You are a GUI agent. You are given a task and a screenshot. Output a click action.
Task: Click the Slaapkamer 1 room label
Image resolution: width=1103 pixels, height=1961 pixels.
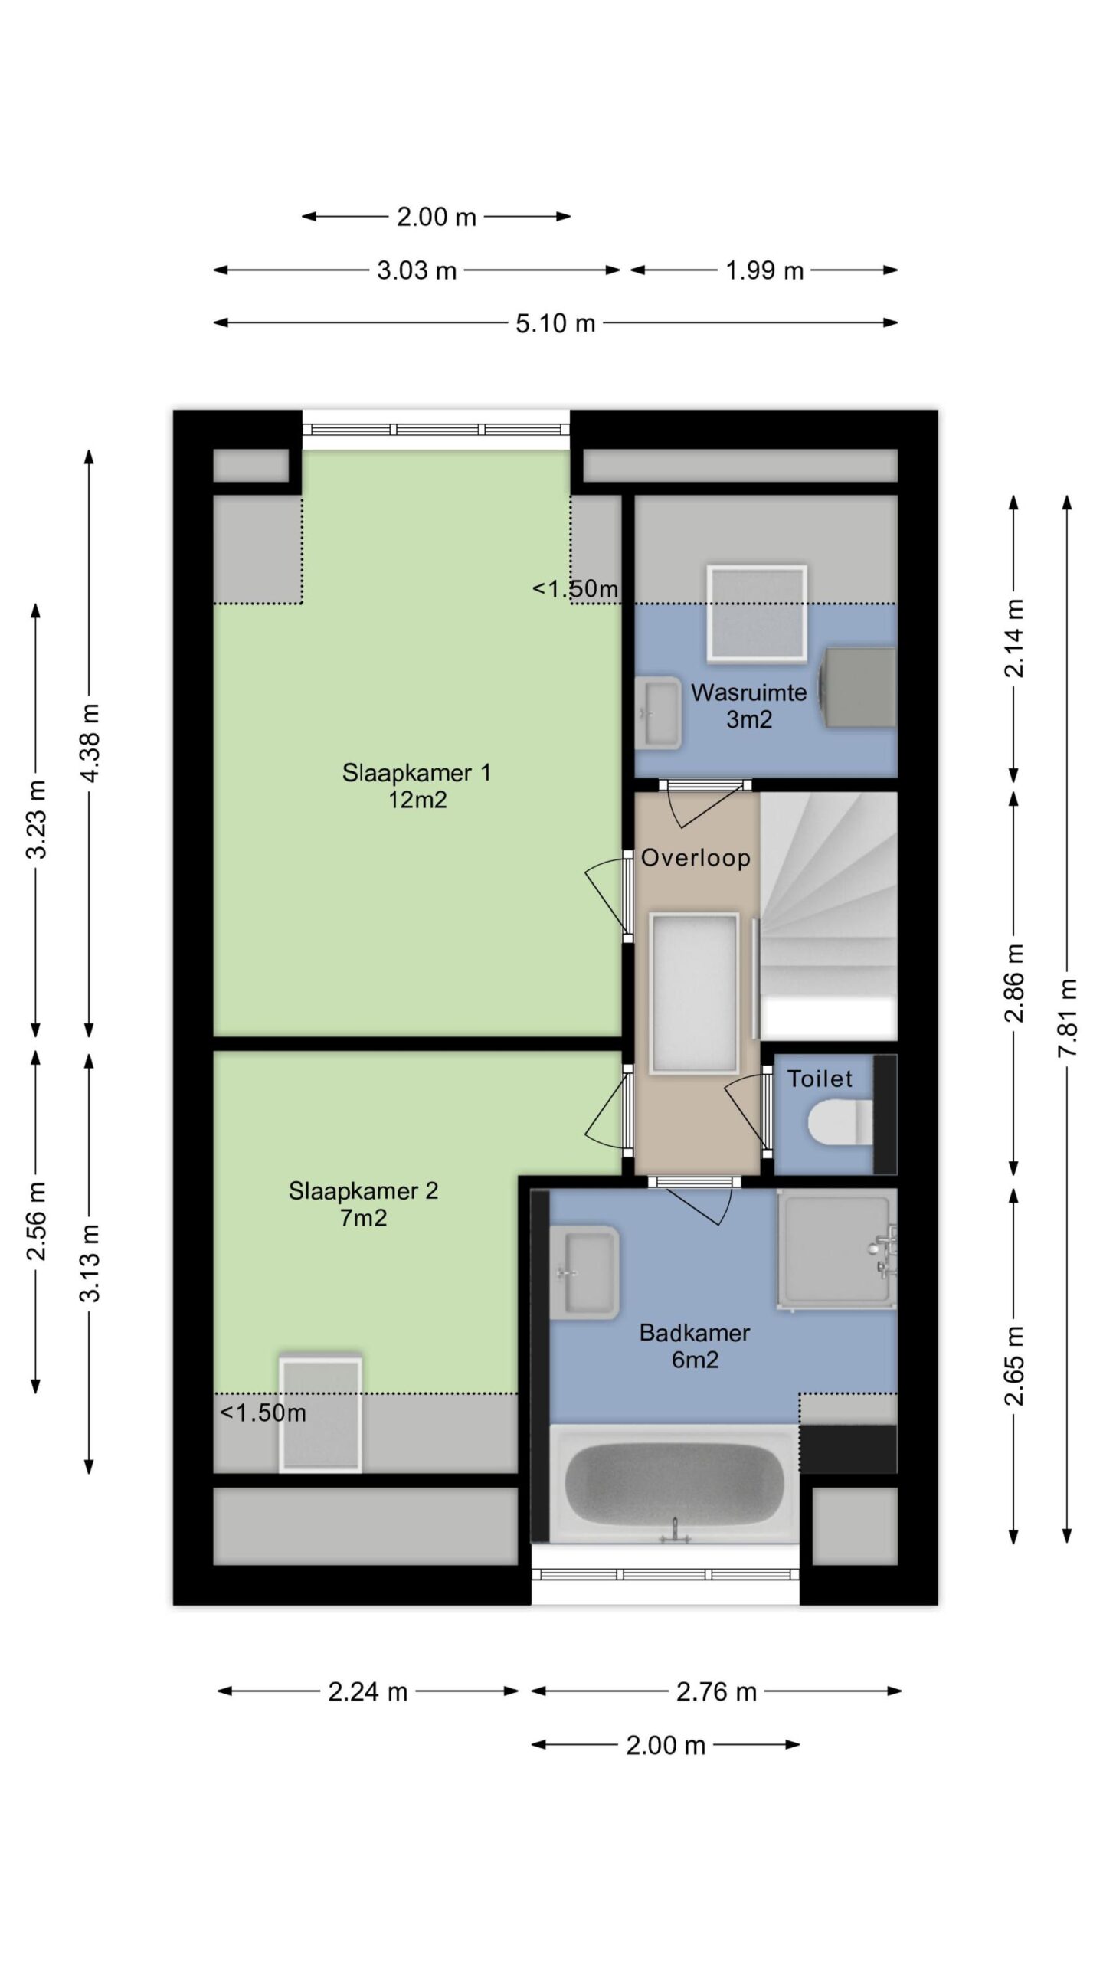pyautogui.click(x=416, y=786)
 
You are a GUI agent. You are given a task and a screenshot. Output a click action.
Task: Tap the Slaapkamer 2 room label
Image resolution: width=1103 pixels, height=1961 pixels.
pyautogui.click(x=363, y=1203)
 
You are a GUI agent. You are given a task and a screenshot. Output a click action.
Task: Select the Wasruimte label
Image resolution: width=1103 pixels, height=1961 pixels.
pyautogui.click(x=748, y=706)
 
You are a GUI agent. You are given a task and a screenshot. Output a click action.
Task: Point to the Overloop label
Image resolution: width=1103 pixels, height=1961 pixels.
pyautogui.click(x=696, y=858)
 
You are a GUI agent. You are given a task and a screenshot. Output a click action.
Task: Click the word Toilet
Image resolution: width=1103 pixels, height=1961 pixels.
pyautogui.click(x=820, y=1079)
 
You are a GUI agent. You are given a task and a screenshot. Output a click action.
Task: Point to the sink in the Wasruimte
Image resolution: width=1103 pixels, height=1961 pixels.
pyautogui.click(x=658, y=713)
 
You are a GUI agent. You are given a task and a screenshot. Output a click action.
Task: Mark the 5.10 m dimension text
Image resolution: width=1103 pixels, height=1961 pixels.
pyautogui.click(x=555, y=323)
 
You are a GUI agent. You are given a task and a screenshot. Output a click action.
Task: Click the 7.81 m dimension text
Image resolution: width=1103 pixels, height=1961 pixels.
pyautogui.click(x=1068, y=1018)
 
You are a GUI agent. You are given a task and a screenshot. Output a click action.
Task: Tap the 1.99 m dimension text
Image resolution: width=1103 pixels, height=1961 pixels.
pyautogui.click(x=764, y=270)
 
